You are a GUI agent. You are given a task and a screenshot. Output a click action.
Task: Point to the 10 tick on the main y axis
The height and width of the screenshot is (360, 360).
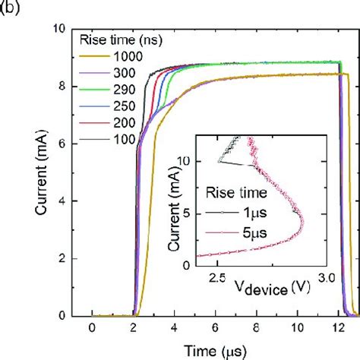click(65, 29)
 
